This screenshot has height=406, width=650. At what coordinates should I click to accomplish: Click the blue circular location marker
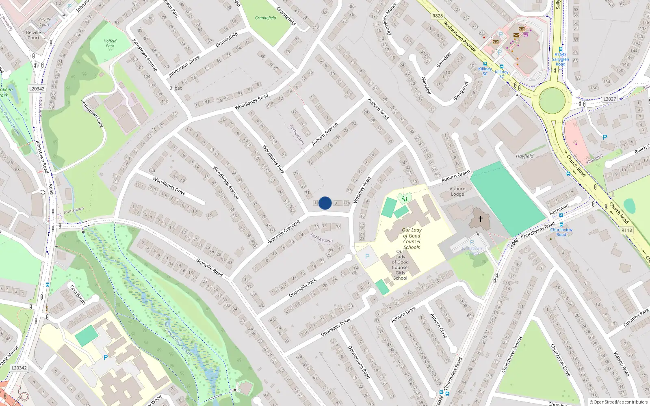325,203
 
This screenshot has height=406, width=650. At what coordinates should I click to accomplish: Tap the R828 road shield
438,16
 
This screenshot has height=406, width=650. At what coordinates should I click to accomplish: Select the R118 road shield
626,230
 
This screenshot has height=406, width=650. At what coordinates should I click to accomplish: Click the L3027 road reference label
609,99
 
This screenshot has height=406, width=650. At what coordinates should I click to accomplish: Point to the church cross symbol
480,219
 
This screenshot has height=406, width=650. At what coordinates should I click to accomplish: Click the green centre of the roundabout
552,101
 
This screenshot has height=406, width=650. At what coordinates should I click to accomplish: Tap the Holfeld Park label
110,43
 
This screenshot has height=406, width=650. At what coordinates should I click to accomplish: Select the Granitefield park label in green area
266,18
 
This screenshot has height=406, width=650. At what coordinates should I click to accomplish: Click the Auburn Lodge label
457,191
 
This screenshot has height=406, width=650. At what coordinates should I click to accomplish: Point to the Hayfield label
524,156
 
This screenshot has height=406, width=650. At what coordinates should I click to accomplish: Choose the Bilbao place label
176,88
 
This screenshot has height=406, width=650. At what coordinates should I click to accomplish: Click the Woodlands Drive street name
169,186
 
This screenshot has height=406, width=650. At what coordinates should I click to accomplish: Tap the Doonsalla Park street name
303,288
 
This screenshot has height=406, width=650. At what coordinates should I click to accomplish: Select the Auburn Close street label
439,326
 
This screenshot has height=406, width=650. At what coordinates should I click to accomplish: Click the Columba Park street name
636,318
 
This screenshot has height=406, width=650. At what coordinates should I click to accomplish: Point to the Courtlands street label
78,295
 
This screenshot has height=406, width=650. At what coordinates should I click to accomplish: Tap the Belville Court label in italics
44,22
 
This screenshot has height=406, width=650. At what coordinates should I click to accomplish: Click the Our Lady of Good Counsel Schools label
412,238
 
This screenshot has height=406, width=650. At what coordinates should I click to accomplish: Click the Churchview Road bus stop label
561,232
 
